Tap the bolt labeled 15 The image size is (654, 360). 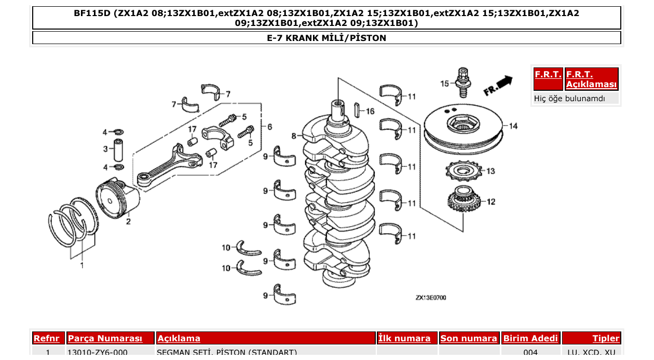(462, 82)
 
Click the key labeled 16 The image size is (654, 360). (357, 110)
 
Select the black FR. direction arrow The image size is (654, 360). (503, 82)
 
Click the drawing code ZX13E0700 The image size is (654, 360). (430, 298)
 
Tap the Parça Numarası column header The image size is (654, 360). (105, 338)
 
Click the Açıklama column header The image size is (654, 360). (179, 338)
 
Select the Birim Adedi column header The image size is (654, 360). (530, 338)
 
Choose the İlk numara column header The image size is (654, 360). (404, 338)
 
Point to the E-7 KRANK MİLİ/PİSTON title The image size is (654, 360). (326, 38)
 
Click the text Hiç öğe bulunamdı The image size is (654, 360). (569, 98)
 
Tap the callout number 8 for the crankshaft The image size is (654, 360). (294, 136)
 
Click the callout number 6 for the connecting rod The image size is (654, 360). (269, 127)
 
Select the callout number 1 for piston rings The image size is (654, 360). (81, 266)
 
